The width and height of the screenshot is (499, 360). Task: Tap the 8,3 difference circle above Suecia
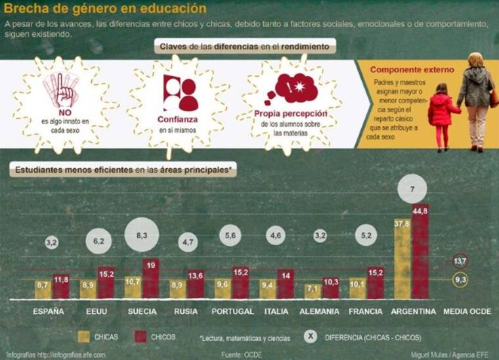[141, 235]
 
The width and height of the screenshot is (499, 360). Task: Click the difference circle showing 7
[412, 189]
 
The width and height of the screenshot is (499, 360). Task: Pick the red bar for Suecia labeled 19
[151, 279]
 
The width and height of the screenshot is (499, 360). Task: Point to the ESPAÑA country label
[49, 311]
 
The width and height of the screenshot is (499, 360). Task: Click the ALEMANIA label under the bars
[319, 311]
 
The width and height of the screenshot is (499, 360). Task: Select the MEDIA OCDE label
[467, 311]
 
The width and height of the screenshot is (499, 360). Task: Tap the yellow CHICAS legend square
[84, 336]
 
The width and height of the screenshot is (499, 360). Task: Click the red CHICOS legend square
[140, 336]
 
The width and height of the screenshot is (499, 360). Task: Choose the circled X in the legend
[312, 337]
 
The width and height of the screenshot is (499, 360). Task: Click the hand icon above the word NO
[64, 90]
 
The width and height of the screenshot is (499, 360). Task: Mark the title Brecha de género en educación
[105, 9]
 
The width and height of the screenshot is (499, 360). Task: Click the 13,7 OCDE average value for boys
[461, 261]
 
